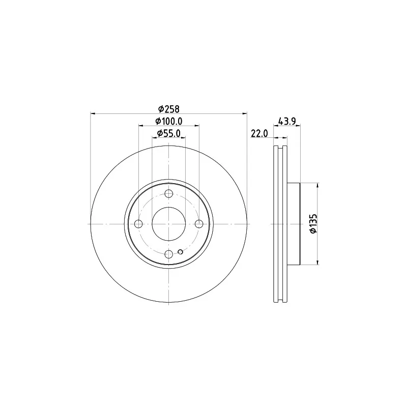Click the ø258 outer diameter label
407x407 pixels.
pos(169,108)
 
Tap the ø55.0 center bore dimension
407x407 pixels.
pos(168,133)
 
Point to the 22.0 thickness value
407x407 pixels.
pos(259,133)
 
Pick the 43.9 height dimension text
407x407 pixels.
pos(287,121)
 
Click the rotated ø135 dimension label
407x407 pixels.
pos(313,224)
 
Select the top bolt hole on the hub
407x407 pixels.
pos(169,193)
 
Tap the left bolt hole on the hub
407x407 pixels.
pos(138,224)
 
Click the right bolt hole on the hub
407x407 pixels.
pos(199,224)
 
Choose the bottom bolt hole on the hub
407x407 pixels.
pos(169,254)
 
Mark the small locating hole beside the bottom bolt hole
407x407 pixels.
pos(181,251)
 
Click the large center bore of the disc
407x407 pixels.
pos(169,224)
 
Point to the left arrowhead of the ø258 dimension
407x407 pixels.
pos(93,113)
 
